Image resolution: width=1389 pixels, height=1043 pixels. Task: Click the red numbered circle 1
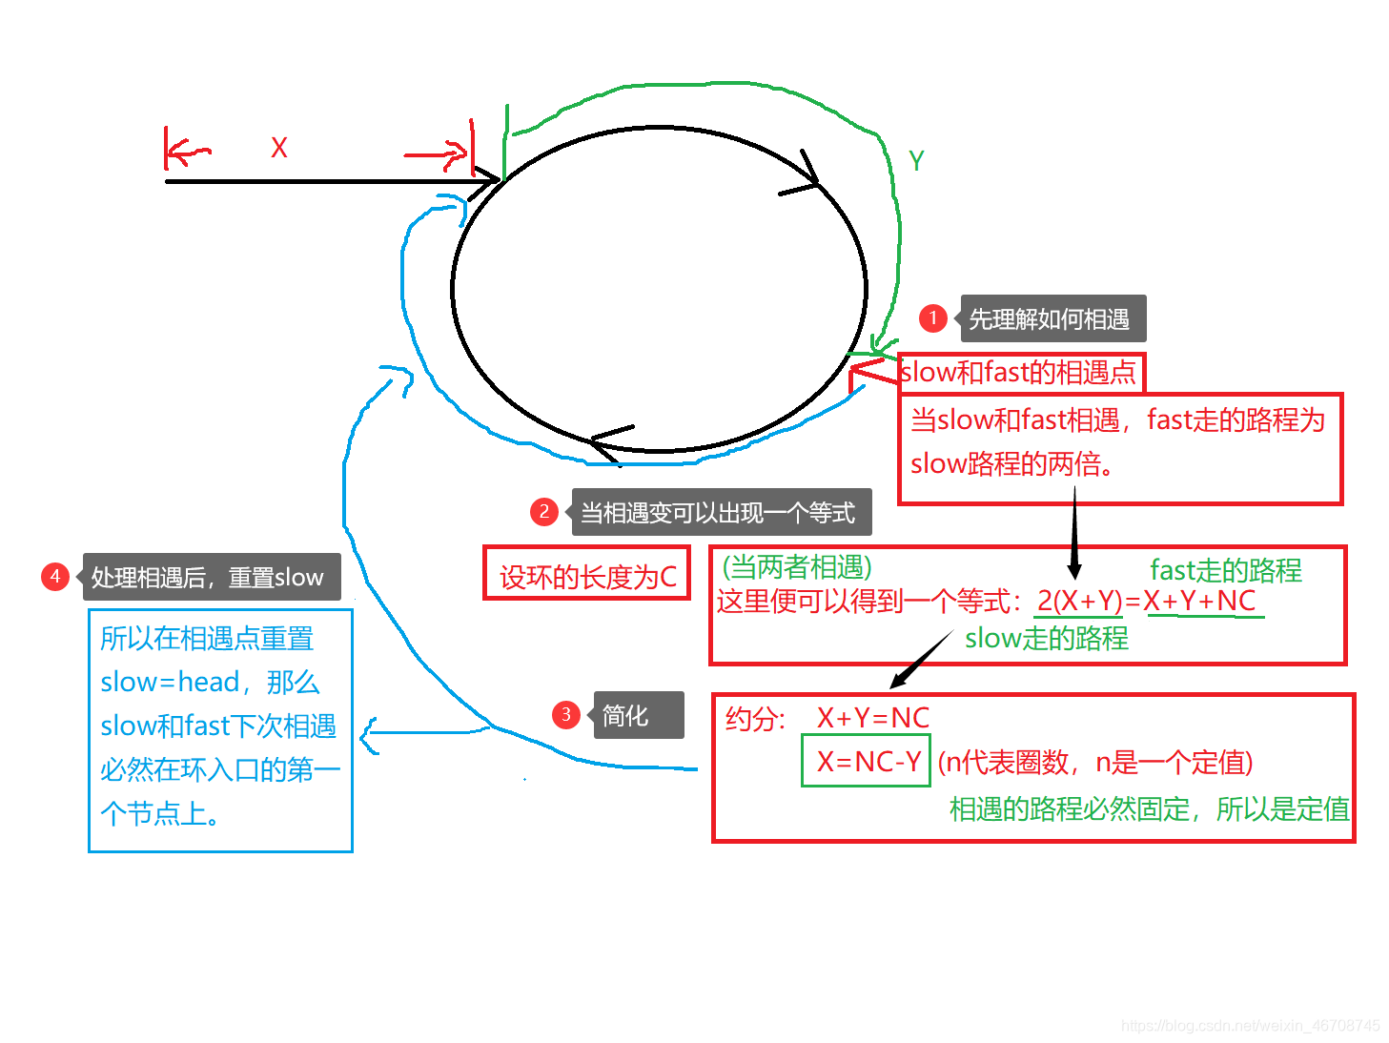click(x=932, y=318)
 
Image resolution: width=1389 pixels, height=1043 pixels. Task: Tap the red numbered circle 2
click(x=543, y=512)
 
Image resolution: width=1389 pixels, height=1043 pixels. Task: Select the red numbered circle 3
click(x=566, y=715)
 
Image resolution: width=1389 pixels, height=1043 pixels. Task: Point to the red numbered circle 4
click(x=55, y=577)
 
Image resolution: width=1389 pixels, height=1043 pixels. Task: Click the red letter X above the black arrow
click(x=278, y=148)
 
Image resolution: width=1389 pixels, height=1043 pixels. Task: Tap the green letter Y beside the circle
click(x=916, y=161)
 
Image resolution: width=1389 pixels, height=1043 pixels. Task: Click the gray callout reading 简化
click(x=638, y=715)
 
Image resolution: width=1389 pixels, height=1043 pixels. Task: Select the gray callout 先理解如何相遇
click(x=1052, y=318)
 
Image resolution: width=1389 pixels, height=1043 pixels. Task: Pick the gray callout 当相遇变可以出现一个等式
click(x=720, y=513)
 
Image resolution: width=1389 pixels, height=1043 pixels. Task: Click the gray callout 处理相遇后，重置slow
click(x=210, y=577)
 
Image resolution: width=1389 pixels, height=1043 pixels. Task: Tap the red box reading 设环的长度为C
click(x=587, y=575)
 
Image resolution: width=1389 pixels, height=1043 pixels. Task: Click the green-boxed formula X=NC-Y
click(x=867, y=761)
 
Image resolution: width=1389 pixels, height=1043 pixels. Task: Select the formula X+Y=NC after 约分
click(x=872, y=718)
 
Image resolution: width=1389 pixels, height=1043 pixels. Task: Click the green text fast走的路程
click(x=1225, y=570)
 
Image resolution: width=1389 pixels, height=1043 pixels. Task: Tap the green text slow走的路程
click(x=1046, y=638)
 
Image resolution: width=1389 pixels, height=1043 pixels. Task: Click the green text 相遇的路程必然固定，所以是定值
click(x=1149, y=809)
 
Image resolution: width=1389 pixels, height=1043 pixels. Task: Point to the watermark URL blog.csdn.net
click(x=1250, y=1026)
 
